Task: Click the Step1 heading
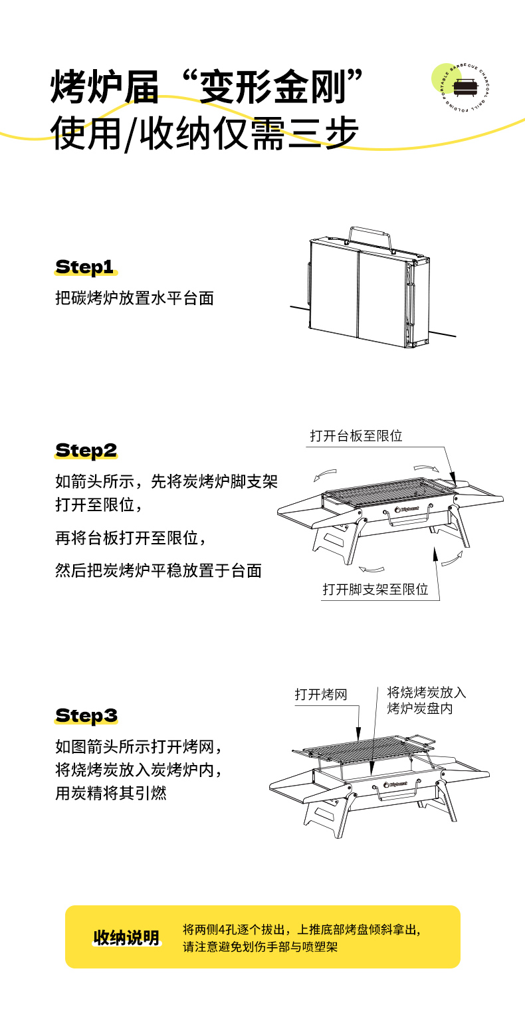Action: (85, 267)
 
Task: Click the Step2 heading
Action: (86, 450)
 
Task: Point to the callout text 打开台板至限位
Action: (356, 436)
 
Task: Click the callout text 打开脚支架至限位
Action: (375, 590)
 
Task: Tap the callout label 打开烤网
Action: (321, 695)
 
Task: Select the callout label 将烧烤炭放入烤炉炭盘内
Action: (427, 700)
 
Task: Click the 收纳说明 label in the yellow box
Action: (126, 937)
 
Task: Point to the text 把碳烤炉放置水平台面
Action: (134, 298)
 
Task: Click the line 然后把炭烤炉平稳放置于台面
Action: (158, 570)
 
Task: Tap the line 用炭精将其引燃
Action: (110, 793)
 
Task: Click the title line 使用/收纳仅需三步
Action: (205, 134)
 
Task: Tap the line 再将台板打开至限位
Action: (134, 537)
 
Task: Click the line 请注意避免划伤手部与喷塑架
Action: (260, 947)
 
